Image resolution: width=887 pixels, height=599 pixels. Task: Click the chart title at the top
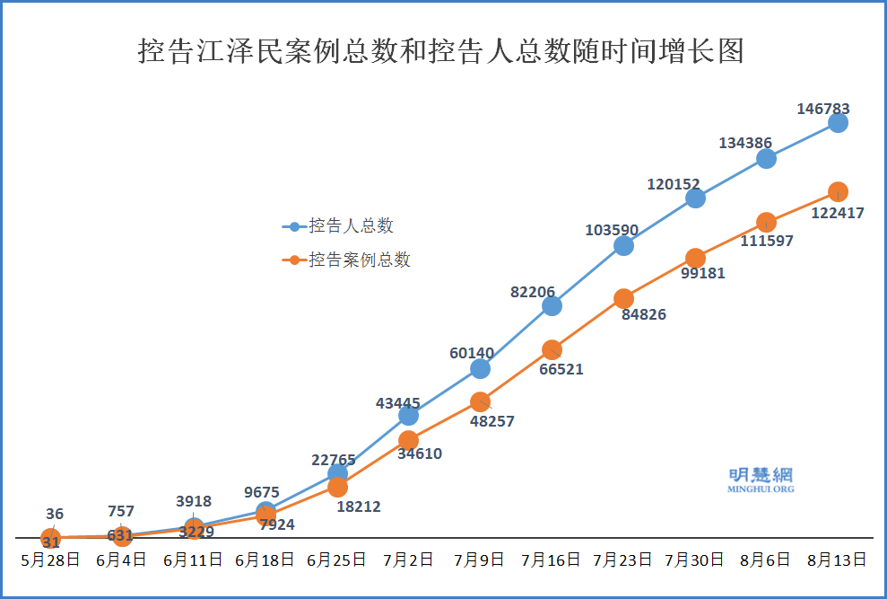441,51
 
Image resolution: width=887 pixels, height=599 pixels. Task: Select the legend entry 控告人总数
351,226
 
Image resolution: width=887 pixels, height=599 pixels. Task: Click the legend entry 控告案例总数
359,260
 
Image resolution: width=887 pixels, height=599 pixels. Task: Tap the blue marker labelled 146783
838,122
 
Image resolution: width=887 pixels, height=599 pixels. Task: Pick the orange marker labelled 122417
838,191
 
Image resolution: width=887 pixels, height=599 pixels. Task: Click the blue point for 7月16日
552,305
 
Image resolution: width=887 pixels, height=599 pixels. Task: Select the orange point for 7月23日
623,298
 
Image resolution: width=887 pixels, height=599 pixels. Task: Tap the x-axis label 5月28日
51,559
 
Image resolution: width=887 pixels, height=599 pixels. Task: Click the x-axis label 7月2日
408,559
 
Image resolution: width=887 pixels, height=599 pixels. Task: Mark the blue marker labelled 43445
408,415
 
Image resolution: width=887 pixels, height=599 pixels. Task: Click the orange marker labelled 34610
408,440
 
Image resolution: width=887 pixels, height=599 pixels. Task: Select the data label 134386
745,143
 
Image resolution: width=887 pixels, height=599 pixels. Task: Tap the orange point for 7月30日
695,258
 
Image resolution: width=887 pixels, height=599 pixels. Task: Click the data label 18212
359,507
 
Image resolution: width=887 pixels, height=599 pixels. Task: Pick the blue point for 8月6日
766,158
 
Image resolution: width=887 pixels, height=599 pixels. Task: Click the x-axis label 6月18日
265,559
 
